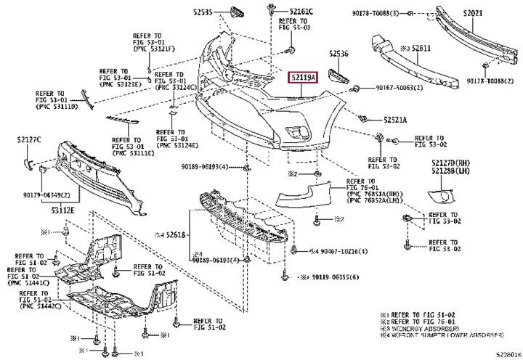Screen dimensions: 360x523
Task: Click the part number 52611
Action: pyautogui.click(x=421, y=48)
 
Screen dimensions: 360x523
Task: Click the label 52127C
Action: pyautogui.click(x=29, y=139)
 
